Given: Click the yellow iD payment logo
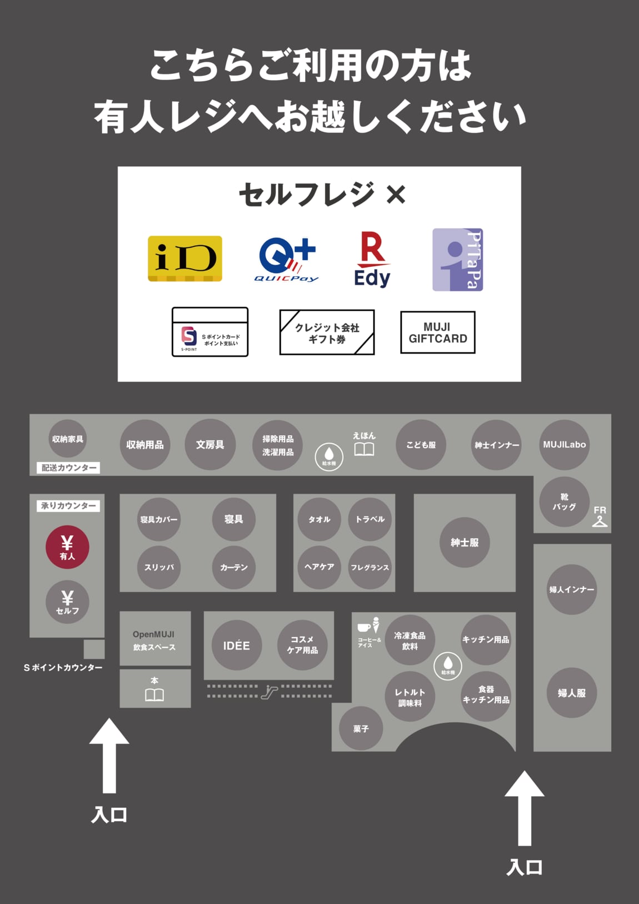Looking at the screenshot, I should point(185,259).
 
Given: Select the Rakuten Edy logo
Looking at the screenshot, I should point(372,260).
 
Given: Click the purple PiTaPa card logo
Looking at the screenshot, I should point(457,260).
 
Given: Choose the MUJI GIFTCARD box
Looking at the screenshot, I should point(438,332).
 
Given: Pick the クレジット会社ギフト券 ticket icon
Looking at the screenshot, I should point(327,332).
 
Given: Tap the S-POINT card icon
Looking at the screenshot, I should point(210,332).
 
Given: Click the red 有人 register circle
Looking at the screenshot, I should point(67,547).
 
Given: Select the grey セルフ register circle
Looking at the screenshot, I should point(67,602).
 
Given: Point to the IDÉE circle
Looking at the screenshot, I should point(236,645).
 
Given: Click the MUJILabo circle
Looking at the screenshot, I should point(564,445).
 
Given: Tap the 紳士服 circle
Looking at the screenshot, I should point(465,542).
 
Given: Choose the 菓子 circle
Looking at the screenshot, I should point(361,728).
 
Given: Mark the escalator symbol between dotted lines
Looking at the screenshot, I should point(269,692).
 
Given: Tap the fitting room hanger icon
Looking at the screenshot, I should point(600,521).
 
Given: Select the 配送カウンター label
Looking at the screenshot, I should point(69,468).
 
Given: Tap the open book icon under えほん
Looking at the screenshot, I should point(364,449).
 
